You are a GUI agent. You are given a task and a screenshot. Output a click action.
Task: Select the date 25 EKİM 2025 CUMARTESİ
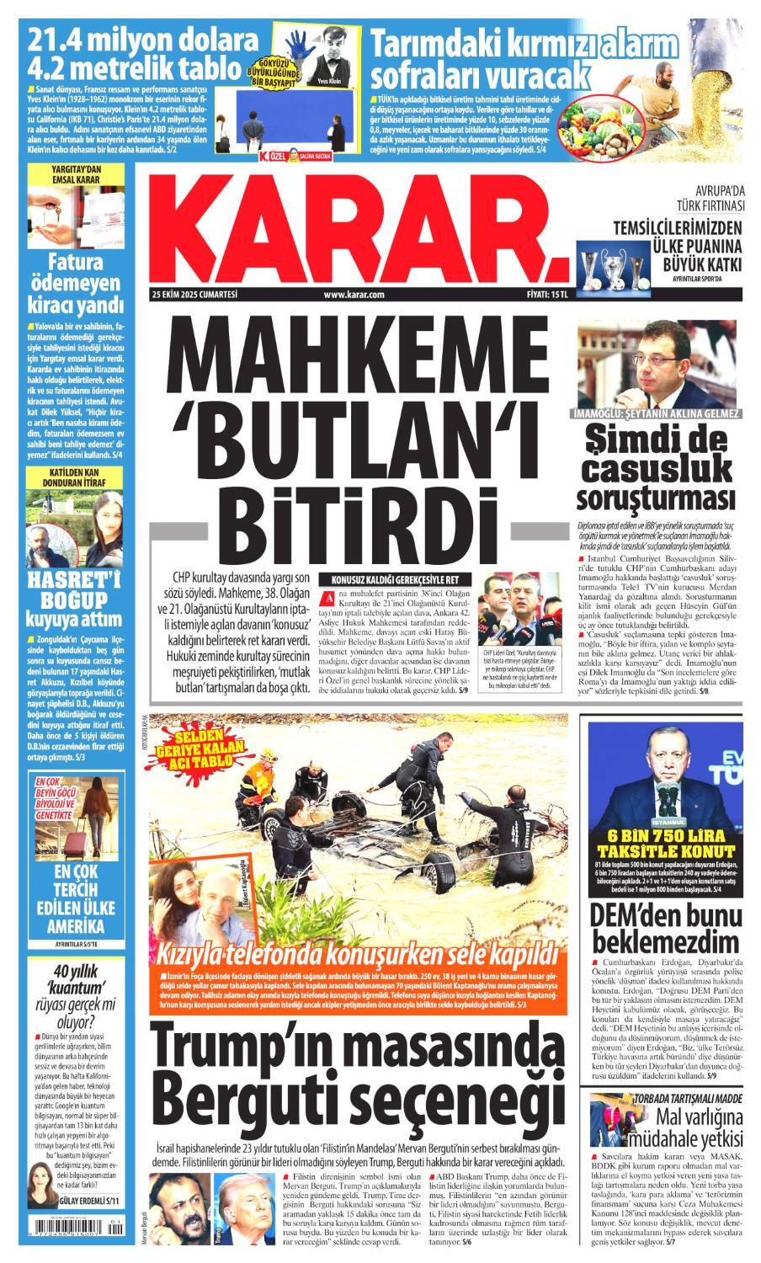[194, 295]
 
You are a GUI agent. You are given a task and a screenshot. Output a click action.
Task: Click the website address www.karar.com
[353, 295]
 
